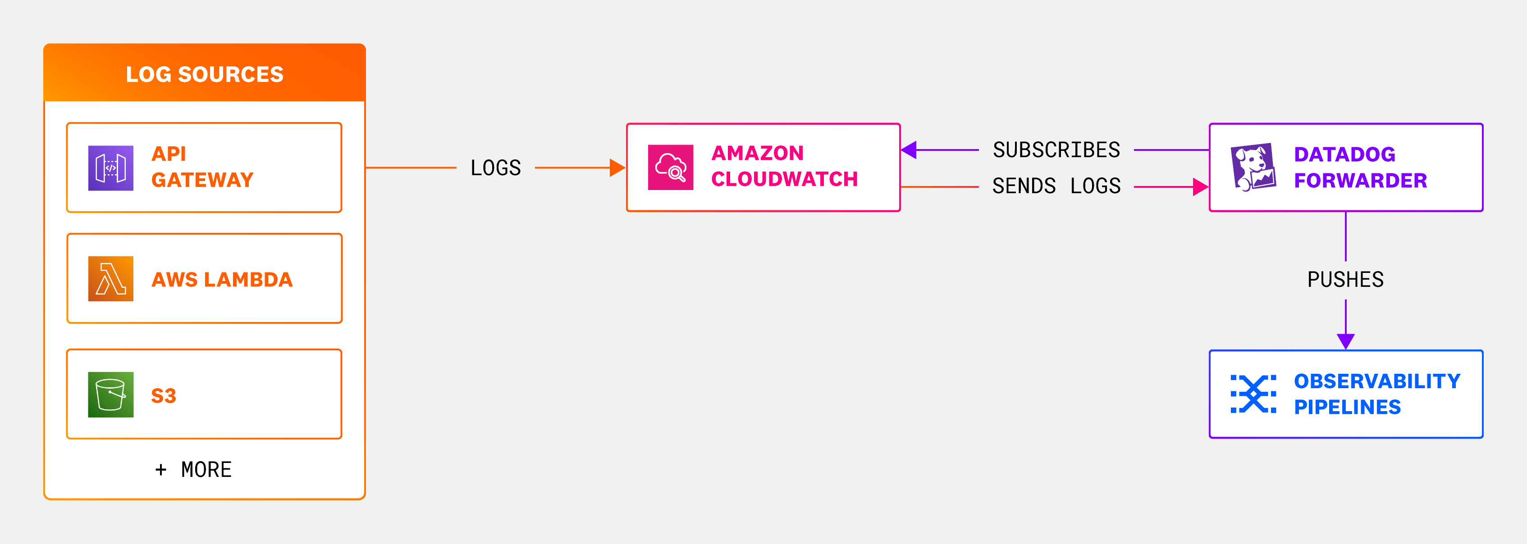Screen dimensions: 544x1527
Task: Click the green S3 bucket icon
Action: (x=111, y=394)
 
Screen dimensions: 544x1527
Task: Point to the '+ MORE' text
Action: (x=193, y=469)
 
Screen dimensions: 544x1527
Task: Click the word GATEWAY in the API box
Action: (x=202, y=180)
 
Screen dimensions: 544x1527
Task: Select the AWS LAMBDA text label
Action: (x=222, y=279)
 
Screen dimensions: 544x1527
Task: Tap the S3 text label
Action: (x=164, y=395)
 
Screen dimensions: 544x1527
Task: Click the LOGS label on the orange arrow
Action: (x=496, y=168)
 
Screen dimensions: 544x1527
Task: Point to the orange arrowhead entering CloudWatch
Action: (x=617, y=168)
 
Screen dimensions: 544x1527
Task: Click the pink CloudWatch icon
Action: (x=671, y=167)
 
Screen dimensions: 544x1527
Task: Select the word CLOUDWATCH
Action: (x=784, y=179)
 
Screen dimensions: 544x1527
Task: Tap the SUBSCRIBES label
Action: (x=1056, y=150)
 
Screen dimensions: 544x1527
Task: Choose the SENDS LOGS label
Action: (x=1056, y=186)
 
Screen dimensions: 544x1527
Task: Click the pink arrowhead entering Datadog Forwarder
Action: (x=1200, y=187)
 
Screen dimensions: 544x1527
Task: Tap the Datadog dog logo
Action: (x=1253, y=167)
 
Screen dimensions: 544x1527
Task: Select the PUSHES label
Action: (x=1346, y=279)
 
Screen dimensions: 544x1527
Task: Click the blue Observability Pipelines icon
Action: (x=1253, y=394)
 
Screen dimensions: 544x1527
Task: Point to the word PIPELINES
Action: (x=1347, y=407)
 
